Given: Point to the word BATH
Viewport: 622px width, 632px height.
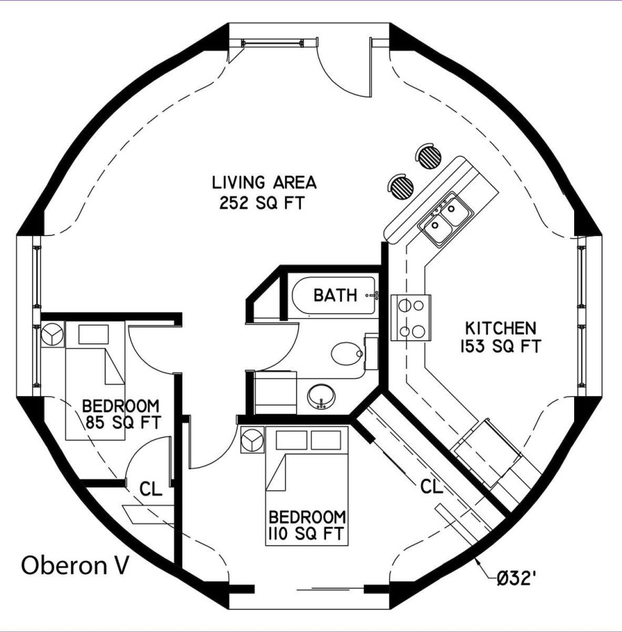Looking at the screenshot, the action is [x=336, y=295].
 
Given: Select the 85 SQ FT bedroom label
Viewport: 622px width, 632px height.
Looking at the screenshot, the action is [x=121, y=414].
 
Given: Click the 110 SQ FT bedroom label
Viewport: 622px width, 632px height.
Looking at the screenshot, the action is [x=307, y=525].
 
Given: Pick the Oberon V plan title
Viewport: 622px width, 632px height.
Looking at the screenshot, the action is [x=75, y=565].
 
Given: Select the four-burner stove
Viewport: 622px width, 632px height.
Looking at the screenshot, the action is [x=411, y=318].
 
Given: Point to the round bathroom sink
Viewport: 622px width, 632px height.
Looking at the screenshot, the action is [x=321, y=396].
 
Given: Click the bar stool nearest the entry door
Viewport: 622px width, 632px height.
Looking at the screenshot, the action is [x=428, y=156].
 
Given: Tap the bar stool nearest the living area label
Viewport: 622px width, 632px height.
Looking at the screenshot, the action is [x=401, y=187].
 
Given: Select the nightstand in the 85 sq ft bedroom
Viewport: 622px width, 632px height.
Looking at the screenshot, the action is [x=53, y=334].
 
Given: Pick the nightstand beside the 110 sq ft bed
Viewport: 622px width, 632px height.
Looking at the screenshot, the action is [x=252, y=440].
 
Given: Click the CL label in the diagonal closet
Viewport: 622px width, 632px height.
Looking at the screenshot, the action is [x=431, y=486].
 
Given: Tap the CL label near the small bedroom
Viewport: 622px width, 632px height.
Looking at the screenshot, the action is [x=150, y=488].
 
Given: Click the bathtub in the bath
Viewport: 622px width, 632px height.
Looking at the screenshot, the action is [x=335, y=295].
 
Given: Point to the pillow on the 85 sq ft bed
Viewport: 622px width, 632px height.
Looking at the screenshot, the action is [x=94, y=334].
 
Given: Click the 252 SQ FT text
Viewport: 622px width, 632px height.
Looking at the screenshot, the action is [x=262, y=202].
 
